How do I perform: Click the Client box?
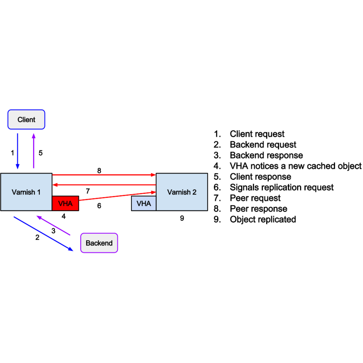click(x=26, y=120)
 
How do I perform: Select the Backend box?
click(x=99, y=243)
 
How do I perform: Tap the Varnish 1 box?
click(x=26, y=192)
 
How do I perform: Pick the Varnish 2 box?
click(x=182, y=192)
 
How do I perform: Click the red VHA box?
click(x=65, y=203)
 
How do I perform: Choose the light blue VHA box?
click(x=143, y=203)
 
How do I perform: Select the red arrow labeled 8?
click(x=104, y=175)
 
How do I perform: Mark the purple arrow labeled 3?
click(x=53, y=226)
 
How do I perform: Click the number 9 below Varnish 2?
click(x=182, y=218)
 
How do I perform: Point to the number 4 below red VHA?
click(x=64, y=216)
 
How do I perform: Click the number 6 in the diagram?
click(x=99, y=206)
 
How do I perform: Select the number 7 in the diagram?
click(x=88, y=191)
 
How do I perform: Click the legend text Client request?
click(x=257, y=134)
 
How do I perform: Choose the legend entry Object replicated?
click(x=263, y=220)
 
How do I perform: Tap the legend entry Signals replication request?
click(x=281, y=187)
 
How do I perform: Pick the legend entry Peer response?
click(x=258, y=209)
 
